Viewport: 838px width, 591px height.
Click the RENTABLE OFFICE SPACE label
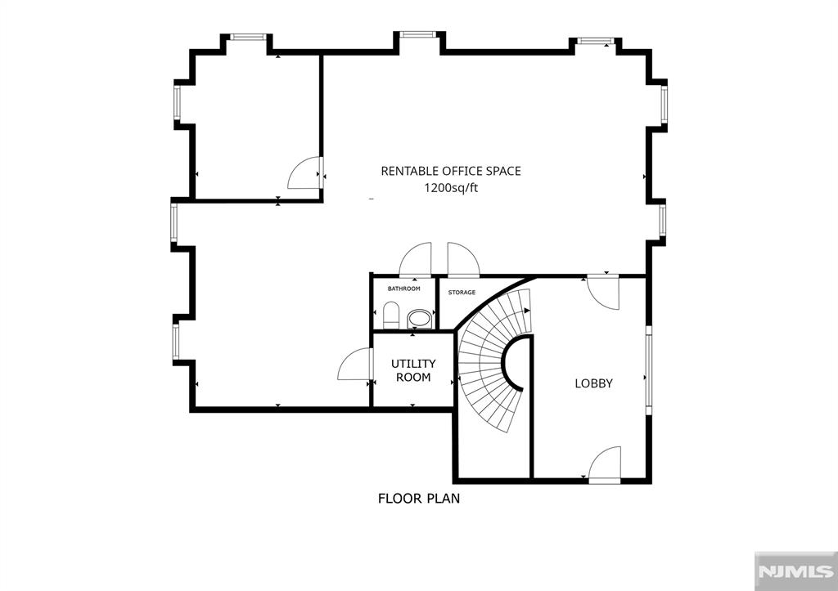click(x=450, y=171)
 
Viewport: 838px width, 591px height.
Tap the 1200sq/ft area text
click(x=450, y=188)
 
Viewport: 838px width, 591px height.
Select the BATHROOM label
click(x=404, y=289)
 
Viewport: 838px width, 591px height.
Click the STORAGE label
click(x=462, y=292)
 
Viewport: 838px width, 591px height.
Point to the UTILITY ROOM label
click(x=413, y=370)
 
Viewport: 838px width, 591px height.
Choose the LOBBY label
click(x=593, y=383)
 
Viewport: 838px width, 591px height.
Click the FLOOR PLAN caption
click(x=418, y=498)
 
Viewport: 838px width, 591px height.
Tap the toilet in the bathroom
click(x=390, y=316)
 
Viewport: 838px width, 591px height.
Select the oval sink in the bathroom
click(x=419, y=318)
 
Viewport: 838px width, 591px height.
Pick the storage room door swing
click(x=462, y=260)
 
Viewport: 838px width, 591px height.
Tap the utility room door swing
click(x=354, y=365)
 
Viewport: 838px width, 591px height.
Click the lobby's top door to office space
click(x=604, y=293)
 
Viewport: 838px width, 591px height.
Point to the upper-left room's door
click(x=306, y=173)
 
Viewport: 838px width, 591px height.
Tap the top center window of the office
click(x=417, y=34)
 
